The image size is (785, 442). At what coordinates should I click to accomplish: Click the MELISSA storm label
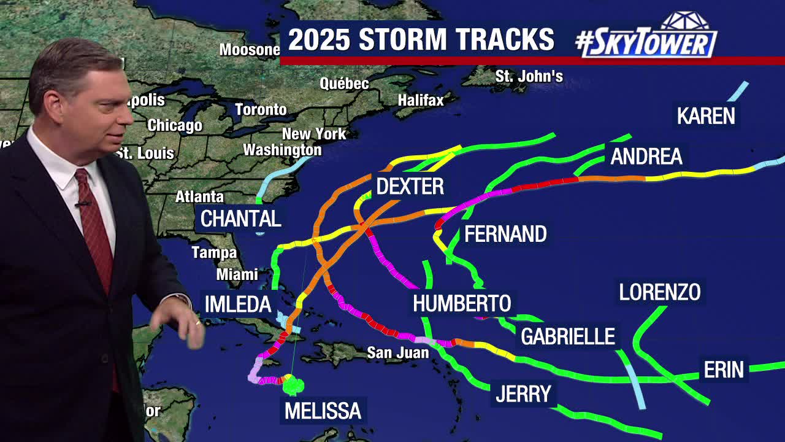pyautogui.click(x=323, y=411)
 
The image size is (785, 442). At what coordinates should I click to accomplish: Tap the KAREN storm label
pyautogui.click(x=705, y=116)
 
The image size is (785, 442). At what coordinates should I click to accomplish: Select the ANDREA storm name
pyautogui.click(x=646, y=157)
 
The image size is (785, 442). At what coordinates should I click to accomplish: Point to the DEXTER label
pyautogui.click(x=410, y=187)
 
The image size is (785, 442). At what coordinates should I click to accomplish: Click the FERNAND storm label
pyautogui.click(x=505, y=234)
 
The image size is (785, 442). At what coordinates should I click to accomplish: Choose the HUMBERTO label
pyautogui.click(x=462, y=303)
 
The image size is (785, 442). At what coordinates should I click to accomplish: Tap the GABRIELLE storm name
pyautogui.click(x=567, y=336)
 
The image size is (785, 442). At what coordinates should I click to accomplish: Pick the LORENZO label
pyautogui.click(x=659, y=292)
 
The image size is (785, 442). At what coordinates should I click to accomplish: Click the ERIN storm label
pyautogui.click(x=724, y=370)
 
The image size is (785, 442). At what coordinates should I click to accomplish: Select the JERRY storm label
pyautogui.click(x=523, y=394)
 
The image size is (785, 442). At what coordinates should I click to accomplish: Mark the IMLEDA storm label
pyautogui.click(x=238, y=304)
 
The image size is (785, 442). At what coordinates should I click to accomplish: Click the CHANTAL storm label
pyautogui.click(x=241, y=219)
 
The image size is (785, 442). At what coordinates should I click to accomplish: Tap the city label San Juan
pyautogui.click(x=397, y=353)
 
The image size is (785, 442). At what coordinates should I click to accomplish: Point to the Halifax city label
pyautogui.click(x=421, y=99)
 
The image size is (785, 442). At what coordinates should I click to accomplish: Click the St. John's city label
pyautogui.click(x=529, y=77)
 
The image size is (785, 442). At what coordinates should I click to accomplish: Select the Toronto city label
pyautogui.click(x=261, y=109)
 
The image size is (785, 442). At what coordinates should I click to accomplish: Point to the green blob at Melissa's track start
pyautogui.click(x=293, y=385)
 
